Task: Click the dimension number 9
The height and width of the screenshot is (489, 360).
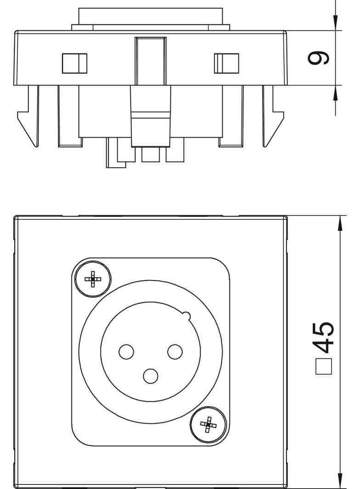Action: tap(318, 58)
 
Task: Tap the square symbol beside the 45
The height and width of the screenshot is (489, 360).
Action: tap(323, 367)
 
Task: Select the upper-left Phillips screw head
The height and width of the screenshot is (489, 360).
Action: tap(93, 278)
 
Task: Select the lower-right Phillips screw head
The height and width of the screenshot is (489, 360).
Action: tap(208, 424)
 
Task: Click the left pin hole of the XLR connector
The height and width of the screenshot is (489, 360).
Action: tap(126, 351)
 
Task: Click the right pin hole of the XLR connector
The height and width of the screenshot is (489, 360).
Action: tap(175, 351)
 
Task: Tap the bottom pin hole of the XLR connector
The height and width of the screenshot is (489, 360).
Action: tap(151, 376)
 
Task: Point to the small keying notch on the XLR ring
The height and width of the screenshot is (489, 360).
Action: tap(186, 316)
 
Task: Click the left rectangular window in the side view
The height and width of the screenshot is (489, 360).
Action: tap(75, 63)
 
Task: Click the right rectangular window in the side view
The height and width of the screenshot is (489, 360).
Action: tap(226, 63)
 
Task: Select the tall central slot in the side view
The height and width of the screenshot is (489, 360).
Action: tap(151, 61)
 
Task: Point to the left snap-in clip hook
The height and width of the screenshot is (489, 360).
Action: tap(28, 116)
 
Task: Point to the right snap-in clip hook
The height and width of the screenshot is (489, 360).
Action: tap(273, 116)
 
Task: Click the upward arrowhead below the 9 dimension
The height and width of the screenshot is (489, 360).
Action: tap(335, 94)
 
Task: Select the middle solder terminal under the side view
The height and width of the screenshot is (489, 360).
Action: tap(151, 155)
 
